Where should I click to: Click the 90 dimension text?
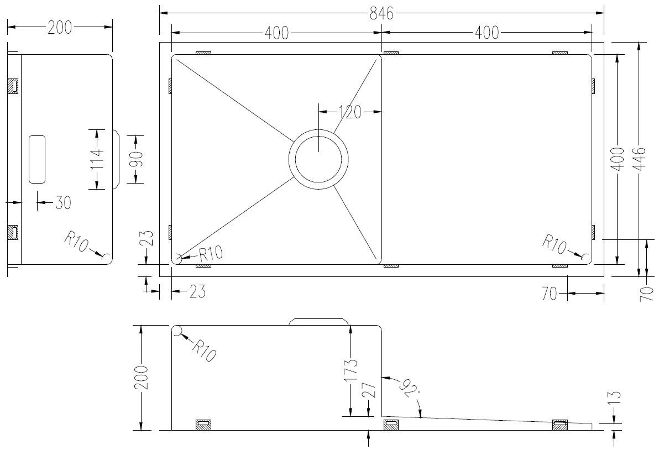(137, 159)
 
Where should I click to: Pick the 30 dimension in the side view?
(62, 203)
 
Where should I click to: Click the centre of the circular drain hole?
(318, 160)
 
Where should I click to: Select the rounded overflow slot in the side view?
(37, 159)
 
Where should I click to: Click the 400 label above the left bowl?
(276, 33)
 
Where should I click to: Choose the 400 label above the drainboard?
(487, 33)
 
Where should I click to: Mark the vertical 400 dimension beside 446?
(618, 159)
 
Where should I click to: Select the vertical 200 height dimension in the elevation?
(142, 378)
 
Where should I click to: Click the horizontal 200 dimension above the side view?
(60, 27)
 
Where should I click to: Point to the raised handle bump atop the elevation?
(319, 321)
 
